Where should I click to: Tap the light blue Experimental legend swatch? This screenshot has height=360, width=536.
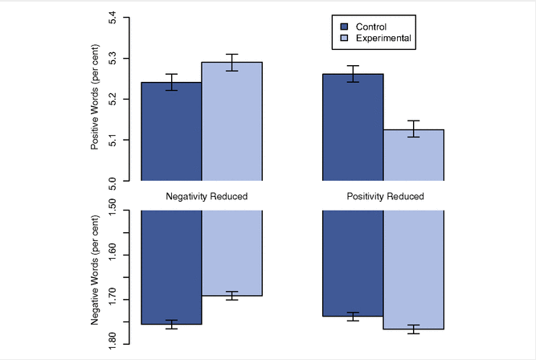tap(344, 38)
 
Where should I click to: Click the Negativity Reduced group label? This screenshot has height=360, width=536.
tap(207, 196)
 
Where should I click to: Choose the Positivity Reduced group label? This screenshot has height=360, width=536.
tap(385, 196)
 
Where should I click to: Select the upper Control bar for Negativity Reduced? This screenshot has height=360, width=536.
tap(171, 133)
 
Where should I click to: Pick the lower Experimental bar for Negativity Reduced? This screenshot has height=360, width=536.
tap(231, 253)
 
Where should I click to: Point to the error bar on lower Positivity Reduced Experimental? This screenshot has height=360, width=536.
tap(414, 329)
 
